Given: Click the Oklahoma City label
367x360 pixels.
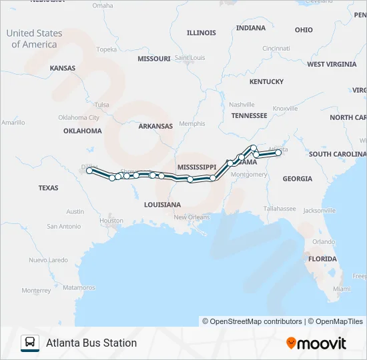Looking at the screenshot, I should (x=78, y=117).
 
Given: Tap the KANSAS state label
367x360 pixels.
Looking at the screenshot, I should (x=62, y=68).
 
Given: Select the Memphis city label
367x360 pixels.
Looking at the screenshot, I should (x=192, y=124).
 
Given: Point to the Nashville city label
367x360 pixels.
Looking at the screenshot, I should (x=242, y=105).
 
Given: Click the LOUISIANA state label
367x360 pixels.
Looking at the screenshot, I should (x=162, y=205).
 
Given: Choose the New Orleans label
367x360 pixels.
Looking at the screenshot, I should (x=192, y=217).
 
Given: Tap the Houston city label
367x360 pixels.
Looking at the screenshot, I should (x=111, y=221).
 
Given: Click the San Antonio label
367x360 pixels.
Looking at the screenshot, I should (x=63, y=227).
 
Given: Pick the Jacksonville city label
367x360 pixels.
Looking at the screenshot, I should (x=319, y=210).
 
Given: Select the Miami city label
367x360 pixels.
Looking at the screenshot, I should (x=341, y=289).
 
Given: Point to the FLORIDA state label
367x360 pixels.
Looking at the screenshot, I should (x=322, y=259).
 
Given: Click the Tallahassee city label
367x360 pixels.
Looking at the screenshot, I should (x=279, y=209).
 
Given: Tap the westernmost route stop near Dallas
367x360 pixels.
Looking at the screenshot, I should (x=89, y=171).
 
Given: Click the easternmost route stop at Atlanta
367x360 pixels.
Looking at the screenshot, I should (x=278, y=153).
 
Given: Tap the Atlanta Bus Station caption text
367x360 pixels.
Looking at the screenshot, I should (x=91, y=343).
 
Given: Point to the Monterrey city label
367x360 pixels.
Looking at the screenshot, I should (x=36, y=291).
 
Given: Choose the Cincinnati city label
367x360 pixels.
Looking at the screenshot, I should (x=276, y=48).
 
